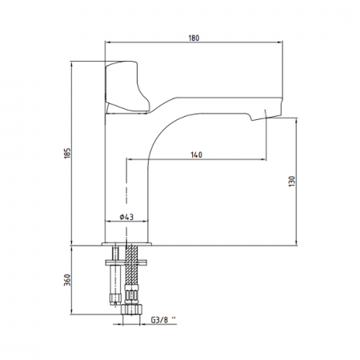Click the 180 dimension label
coord(194,38)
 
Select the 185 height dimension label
coord(68,153)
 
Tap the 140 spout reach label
coord(197,154)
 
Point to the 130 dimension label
coord(292,181)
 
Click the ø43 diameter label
coord(126,217)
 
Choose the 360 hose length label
coord(68,280)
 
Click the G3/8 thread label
coord(163,320)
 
